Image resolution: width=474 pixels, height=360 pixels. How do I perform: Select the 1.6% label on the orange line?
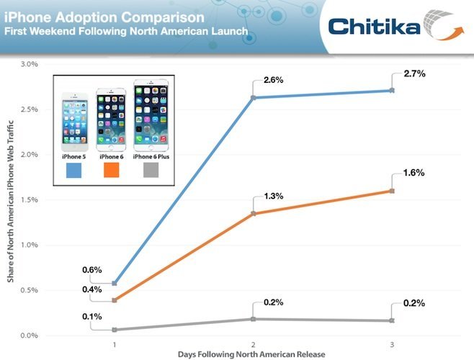tap(403, 173)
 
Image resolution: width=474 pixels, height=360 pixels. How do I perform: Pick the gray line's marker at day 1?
tap(115, 330)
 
